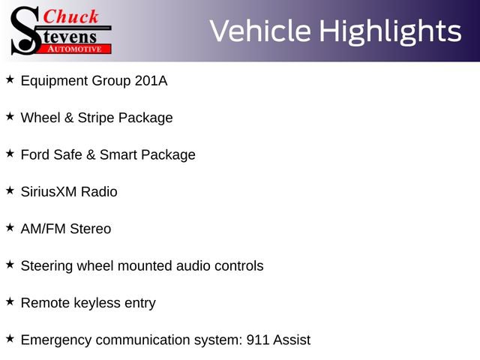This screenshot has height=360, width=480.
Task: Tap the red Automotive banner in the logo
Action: (x=75, y=48)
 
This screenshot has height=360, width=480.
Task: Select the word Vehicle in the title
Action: (x=260, y=31)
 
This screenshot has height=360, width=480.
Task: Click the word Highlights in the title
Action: (x=390, y=31)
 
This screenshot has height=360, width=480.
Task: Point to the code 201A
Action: (x=151, y=80)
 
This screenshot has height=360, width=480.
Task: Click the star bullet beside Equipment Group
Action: (x=10, y=79)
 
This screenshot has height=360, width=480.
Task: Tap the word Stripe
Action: (x=98, y=118)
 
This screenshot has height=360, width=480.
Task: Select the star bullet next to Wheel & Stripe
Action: (x=10, y=116)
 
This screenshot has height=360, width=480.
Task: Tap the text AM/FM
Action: (x=43, y=229)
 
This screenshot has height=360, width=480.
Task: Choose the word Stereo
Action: (x=90, y=229)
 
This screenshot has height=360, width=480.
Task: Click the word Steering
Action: (x=47, y=265)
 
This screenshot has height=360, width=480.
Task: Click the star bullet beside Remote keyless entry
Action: (x=10, y=301)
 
